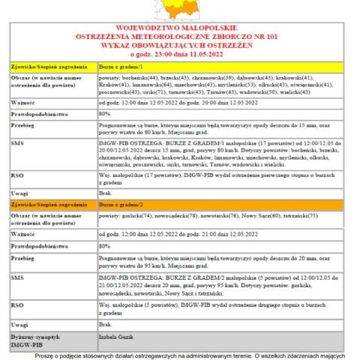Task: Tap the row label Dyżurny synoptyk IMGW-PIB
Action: pyautogui.click(x=34, y=341)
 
